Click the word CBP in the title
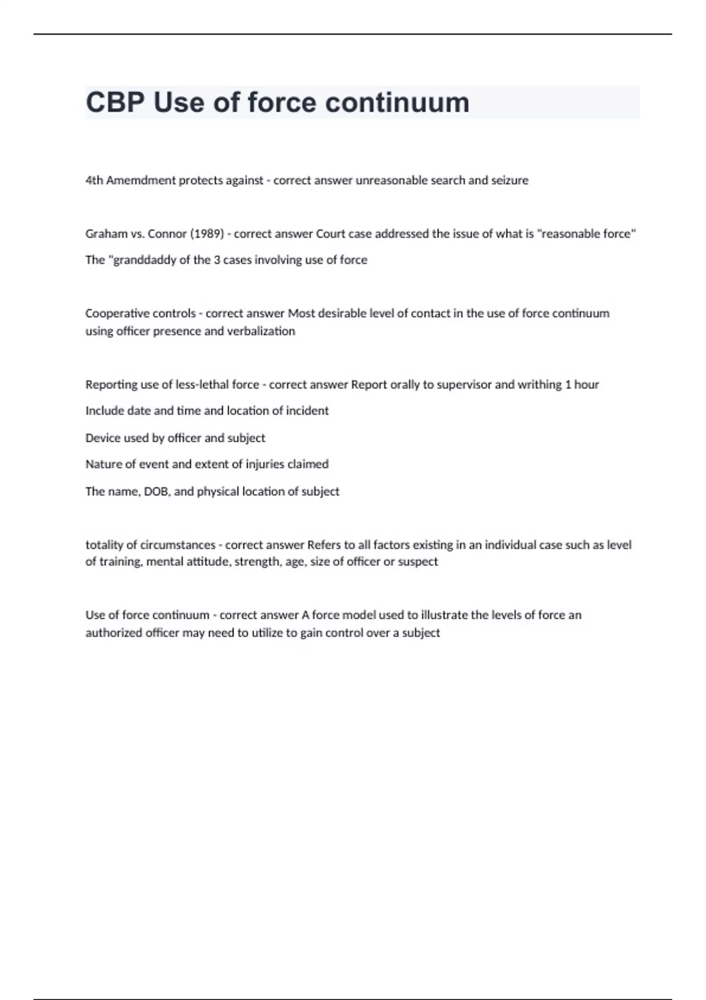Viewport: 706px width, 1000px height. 115,102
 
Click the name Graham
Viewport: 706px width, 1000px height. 105,234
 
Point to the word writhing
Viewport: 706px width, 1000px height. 540,385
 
